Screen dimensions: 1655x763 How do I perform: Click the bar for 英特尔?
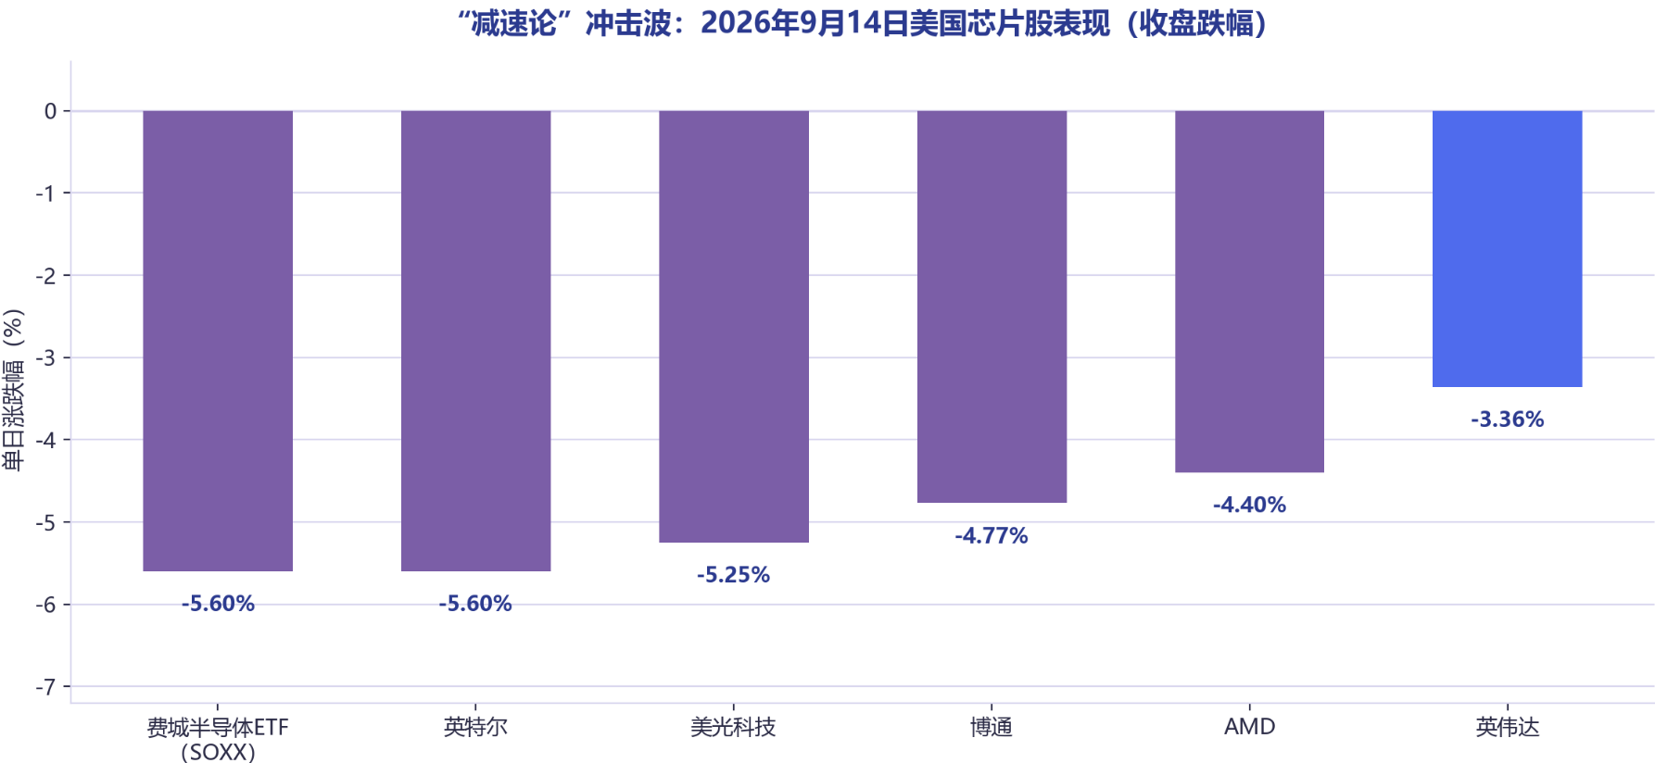pos(475,341)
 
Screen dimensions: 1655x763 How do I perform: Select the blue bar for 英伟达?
pos(1507,249)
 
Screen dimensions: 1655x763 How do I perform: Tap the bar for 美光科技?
pos(734,327)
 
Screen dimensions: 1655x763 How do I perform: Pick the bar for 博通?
pos(992,306)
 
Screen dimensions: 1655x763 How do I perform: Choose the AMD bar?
pos(1249,292)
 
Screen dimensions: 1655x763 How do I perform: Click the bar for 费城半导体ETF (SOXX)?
pos(218,341)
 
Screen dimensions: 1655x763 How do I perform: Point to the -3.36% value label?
pos(1507,419)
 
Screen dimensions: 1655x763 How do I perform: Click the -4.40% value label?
pos(1249,505)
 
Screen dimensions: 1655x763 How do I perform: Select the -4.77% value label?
pos(992,535)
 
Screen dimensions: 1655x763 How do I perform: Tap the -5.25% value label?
pos(734,575)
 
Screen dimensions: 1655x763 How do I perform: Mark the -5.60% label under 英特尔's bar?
pos(475,604)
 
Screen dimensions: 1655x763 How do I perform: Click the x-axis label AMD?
pos(1249,727)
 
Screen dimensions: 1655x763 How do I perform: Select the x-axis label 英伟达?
pos(1507,727)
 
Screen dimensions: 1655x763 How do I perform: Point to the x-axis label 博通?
pos(992,727)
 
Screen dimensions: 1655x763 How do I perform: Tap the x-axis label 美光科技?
pos(734,727)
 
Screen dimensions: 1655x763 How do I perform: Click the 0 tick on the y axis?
pos(51,111)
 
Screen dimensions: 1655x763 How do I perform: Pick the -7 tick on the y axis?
pos(46,687)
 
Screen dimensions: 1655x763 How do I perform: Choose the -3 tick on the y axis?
pos(46,357)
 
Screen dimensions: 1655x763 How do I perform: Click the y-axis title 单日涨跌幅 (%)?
pos(13,390)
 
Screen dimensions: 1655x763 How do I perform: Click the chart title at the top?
pos(863,22)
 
